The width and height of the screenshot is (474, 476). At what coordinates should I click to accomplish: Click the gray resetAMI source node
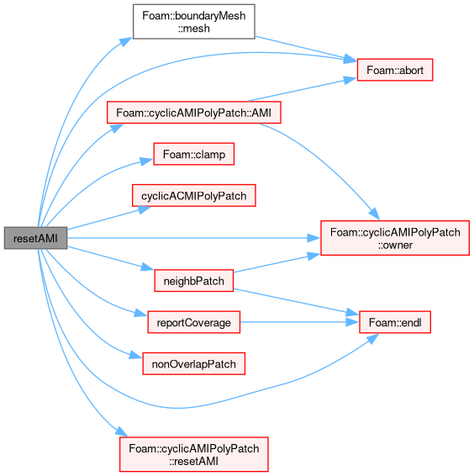coord(35,238)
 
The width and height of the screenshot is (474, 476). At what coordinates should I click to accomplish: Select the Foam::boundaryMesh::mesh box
coord(194,22)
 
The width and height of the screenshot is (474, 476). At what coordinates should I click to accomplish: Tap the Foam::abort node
coord(395,70)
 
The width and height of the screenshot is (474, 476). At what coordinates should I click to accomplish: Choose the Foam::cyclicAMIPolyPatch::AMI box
coord(194,113)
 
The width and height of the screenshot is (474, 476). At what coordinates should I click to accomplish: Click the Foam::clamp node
coord(194,154)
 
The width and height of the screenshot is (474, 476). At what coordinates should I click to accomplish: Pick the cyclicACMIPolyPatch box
coord(194,195)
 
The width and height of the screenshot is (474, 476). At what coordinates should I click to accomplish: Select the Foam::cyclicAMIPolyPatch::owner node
coord(395,238)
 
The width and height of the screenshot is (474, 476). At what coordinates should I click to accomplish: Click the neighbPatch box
coord(194,281)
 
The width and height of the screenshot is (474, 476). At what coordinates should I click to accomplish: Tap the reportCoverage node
coord(194,322)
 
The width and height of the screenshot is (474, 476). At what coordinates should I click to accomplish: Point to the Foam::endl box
coord(395,322)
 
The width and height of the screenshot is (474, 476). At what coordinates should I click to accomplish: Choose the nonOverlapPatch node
coord(194,363)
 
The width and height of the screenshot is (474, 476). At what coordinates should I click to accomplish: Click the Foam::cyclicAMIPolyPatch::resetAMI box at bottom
coord(194,454)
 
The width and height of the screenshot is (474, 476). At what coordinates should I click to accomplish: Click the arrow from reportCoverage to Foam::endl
coord(299,322)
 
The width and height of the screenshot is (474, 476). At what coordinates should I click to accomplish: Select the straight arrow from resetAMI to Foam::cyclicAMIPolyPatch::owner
coord(193,238)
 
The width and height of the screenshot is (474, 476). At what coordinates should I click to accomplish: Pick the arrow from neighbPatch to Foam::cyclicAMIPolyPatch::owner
coord(277,263)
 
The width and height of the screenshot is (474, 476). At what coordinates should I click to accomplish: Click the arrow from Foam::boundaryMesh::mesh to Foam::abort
coord(305,49)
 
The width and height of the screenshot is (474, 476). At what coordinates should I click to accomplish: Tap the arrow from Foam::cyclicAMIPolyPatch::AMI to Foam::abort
coord(303,89)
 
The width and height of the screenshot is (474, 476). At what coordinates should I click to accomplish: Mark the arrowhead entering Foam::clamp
coord(146,161)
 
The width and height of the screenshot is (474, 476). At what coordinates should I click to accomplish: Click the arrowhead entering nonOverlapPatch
coord(135,356)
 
